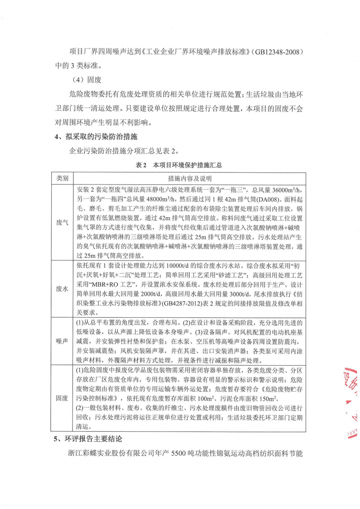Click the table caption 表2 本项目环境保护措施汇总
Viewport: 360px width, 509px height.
[179, 165]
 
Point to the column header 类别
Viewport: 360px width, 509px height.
[62, 178]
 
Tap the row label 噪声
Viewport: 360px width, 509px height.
[62, 341]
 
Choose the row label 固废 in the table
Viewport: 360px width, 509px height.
[62, 398]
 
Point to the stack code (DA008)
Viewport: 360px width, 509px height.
[258, 198]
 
